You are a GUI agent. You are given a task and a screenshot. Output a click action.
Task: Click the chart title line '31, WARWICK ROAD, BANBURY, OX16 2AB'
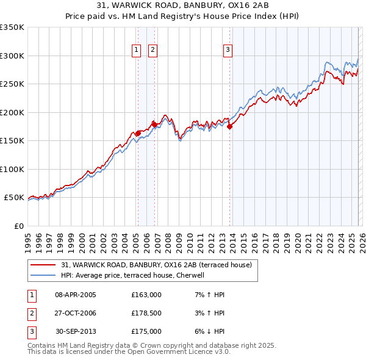click(x=183, y=7)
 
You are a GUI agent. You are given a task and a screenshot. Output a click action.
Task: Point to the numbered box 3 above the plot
click(x=227, y=50)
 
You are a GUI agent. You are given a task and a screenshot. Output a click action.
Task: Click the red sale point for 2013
click(x=230, y=127)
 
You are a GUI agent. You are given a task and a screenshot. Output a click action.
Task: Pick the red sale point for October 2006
click(x=154, y=124)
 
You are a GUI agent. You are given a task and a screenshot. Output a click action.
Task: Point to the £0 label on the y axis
click(x=18, y=226)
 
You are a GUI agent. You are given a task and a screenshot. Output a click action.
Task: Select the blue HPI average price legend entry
click(x=135, y=275)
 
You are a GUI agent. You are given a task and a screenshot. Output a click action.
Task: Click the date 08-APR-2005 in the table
click(x=76, y=295)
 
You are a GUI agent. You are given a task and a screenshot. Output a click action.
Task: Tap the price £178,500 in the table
click(x=146, y=313)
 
